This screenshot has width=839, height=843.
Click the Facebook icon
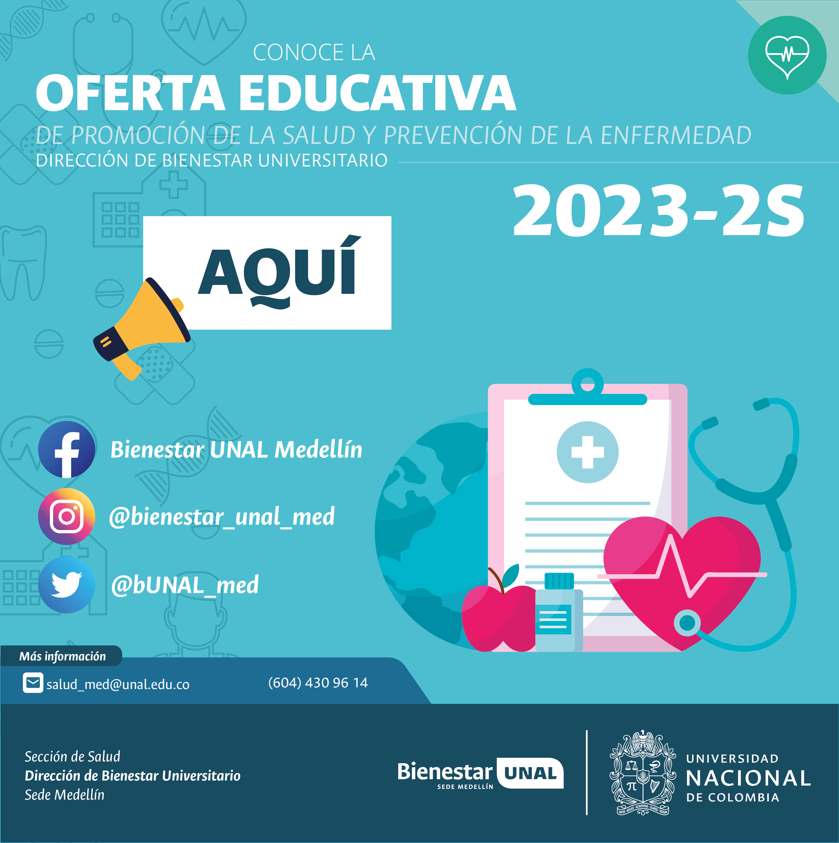point(66,450)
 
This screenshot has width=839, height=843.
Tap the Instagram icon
point(66,517)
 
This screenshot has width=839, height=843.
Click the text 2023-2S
point(658,210)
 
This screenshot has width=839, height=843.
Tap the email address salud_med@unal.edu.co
point(118,684)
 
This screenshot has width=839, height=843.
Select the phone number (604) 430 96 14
point(318,682)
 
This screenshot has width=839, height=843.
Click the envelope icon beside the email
point(33,683)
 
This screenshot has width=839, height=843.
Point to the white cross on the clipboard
point(588,452)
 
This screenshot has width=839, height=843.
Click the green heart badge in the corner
point(787,55)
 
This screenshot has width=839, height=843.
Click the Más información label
point(63,656)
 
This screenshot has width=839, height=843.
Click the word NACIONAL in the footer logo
point(748,778)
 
